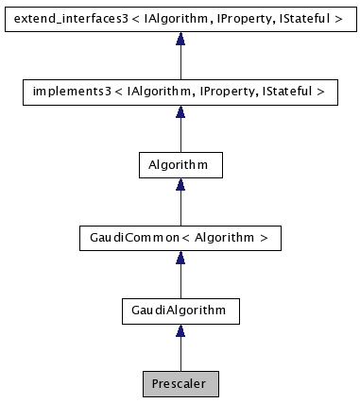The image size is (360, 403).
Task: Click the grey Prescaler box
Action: tap(180, 383)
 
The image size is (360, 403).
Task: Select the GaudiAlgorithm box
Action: tap(180, 310)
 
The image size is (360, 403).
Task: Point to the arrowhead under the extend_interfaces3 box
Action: tap(180, 40)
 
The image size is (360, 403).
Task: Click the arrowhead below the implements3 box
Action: tap(180, 112)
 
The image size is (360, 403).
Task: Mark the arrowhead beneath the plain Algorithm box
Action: tap(180, 185)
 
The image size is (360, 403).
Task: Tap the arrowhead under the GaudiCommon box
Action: tap(180, 258)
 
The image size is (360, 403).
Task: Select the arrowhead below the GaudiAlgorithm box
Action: tap(180, 330)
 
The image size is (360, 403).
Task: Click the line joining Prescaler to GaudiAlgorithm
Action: tap(180, 355)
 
